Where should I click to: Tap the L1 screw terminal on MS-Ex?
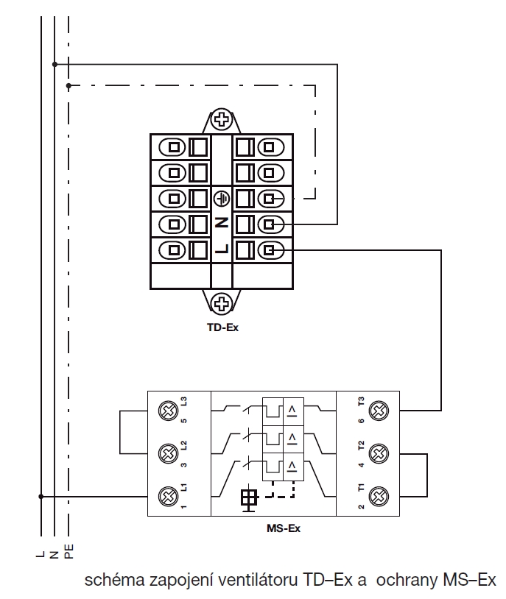point(169,496)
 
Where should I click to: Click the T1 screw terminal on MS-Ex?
point(379,496)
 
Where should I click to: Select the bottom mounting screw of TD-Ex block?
point(222,302)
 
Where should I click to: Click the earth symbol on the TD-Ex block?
point(222,198)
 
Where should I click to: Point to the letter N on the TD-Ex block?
point(222,223)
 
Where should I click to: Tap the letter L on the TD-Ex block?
point(222,249)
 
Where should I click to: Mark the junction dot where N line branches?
point(55,64)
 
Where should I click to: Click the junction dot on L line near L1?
point(41,496)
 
